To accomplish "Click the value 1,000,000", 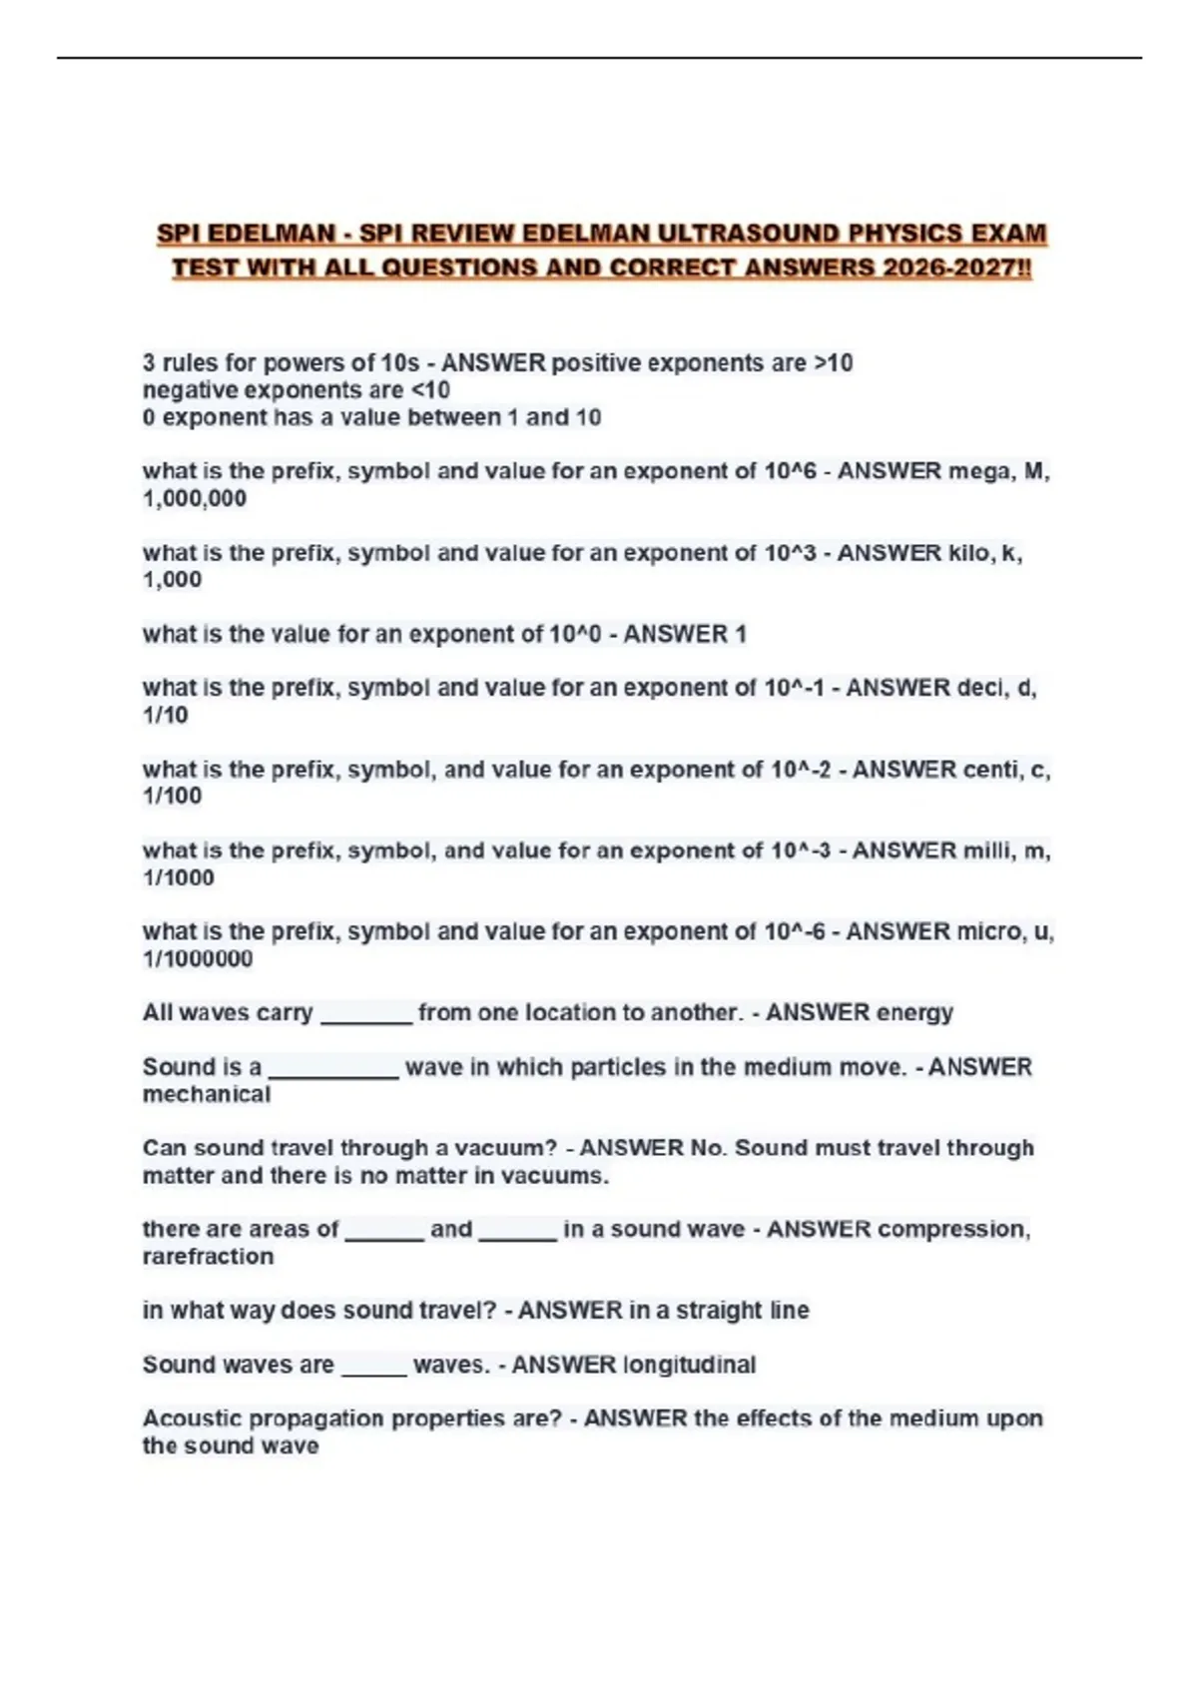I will coord(194,498).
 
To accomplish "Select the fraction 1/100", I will coord(172,796).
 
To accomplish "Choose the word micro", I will coord(988,931).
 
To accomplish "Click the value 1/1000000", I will coord(198,958).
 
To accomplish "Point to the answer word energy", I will coord(913,1012).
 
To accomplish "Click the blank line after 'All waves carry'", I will coord(365,1016).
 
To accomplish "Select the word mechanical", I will coord(207,1094).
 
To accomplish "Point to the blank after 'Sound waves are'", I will coord(373,1369).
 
